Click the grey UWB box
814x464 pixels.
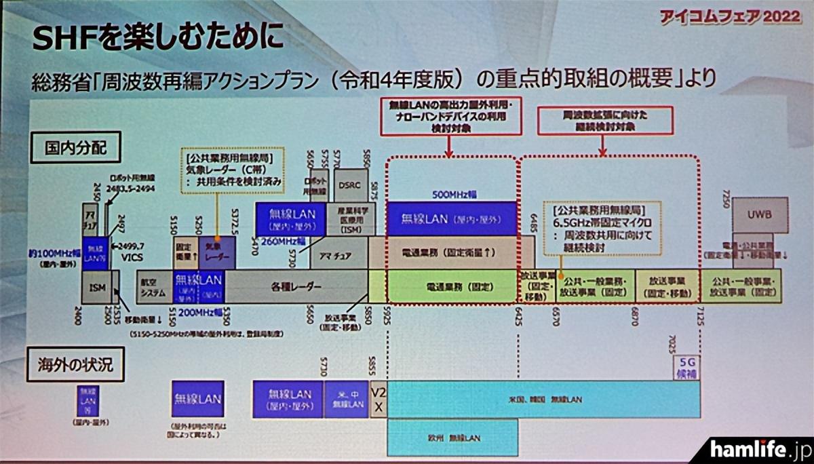[760, 215]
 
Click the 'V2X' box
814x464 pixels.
[379, 399]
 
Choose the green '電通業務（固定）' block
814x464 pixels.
[450, 286]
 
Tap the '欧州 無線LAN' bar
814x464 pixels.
[452, 438]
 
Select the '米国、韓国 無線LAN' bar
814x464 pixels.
[543, 399]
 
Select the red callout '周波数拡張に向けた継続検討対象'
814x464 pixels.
[605, 121]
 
